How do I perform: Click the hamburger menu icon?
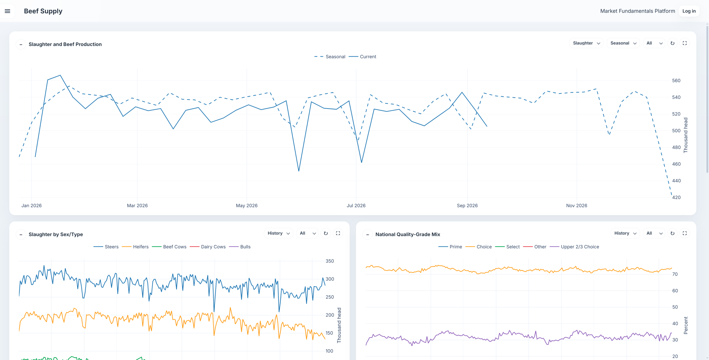pyautogui.click(x=7, y=11)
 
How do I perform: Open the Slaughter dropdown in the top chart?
pyautogui.click(x=586, y=43)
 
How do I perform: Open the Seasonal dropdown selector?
pyautogui.click(x=623, y=43)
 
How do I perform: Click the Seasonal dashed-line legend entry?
pyautogui.click(x=330, y=57)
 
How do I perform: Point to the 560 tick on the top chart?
pyautogui.click(x=676, y=81)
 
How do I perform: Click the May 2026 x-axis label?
pyautogui.click(x=246, y=206)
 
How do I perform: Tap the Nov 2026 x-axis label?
pyautogui.click(x=577, y=206)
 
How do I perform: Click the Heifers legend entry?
pyautogui.click(x=135, y=247)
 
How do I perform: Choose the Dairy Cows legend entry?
pyautogui.click(x=208, y=247)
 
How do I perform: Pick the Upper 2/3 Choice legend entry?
pyautogui.click(x=574, y=247)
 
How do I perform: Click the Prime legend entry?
pyautogui.click(x=450, y=247)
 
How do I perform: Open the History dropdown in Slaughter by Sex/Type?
pyautogui.click(x=278, y=233)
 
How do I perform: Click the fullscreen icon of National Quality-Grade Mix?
pyautogui.click(x=685, y=233)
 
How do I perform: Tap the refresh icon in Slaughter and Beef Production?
pyautogui.click(x=672, y=43)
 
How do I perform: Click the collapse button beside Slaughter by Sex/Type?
pyautogui.click(x=21, y=235)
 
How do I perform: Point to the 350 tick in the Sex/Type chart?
pyautogui.click(x=330, y=261)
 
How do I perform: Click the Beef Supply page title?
pyautogui.click(x=43, y=11)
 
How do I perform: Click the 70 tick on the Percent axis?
pyautogui.click(x=675, y=274)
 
